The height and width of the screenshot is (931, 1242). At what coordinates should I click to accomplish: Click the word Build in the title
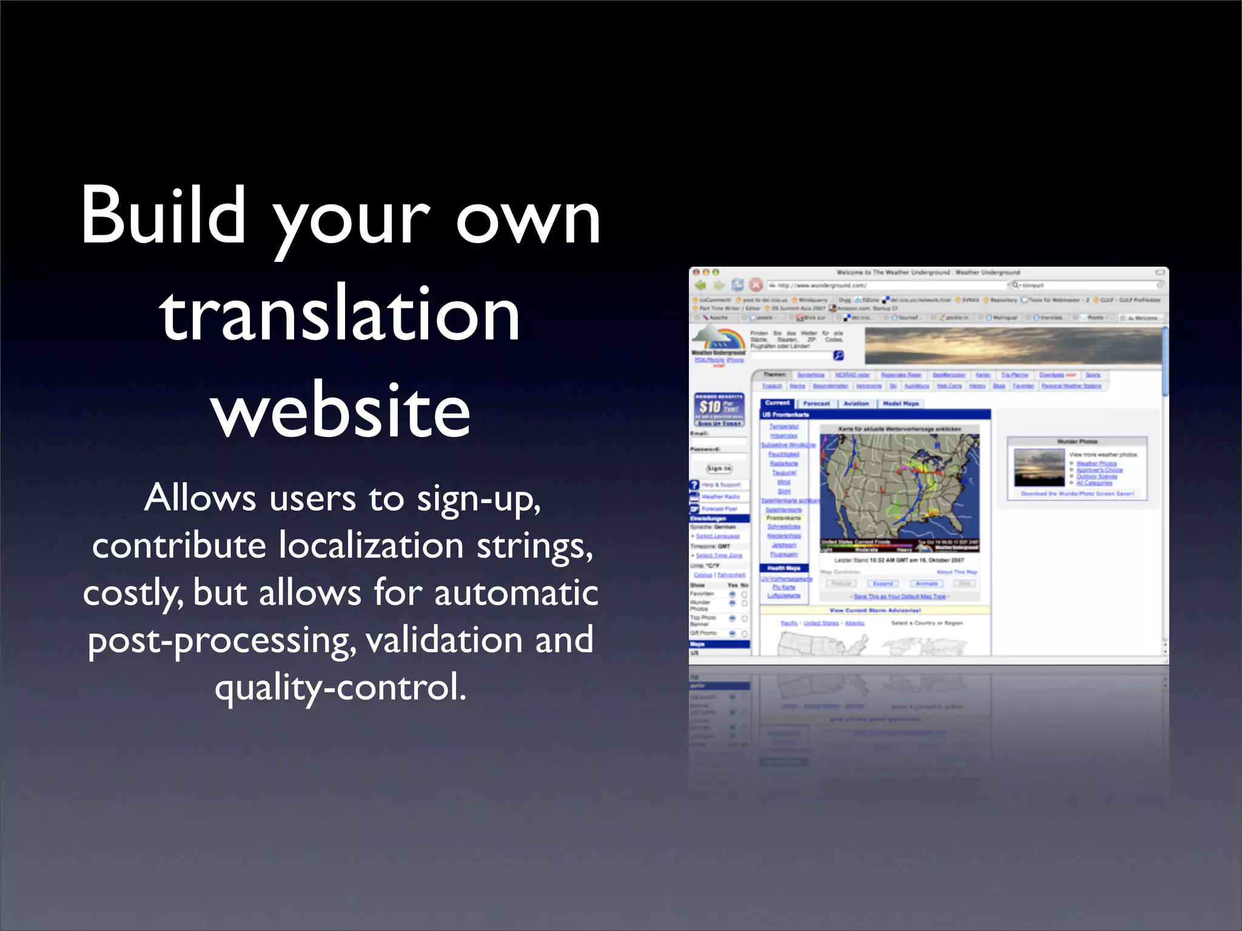coord(164,215)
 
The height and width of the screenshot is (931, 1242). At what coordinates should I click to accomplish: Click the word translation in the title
coord(340,313)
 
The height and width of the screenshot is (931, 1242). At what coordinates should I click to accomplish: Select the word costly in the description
coord(132,593)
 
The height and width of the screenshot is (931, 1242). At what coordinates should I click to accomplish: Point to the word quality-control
coord(340,688)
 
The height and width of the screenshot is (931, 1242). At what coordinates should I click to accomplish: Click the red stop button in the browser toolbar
coord(756,285)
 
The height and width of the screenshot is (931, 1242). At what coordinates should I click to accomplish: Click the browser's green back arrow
coord(701,285)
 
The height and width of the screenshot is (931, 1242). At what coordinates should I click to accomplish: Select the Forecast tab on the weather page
coord(816,403)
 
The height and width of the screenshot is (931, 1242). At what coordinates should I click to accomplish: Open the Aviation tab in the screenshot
coord(856,403)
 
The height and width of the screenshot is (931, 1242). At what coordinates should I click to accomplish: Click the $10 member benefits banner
coord(719,409)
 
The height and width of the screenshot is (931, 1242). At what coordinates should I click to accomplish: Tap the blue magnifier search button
coord(838,355)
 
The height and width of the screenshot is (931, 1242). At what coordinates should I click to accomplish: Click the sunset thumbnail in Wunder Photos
coord(1039,467)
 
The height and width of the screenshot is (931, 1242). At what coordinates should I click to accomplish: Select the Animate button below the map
coord(926,583)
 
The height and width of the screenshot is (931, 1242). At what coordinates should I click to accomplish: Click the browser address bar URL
coord(885,285)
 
